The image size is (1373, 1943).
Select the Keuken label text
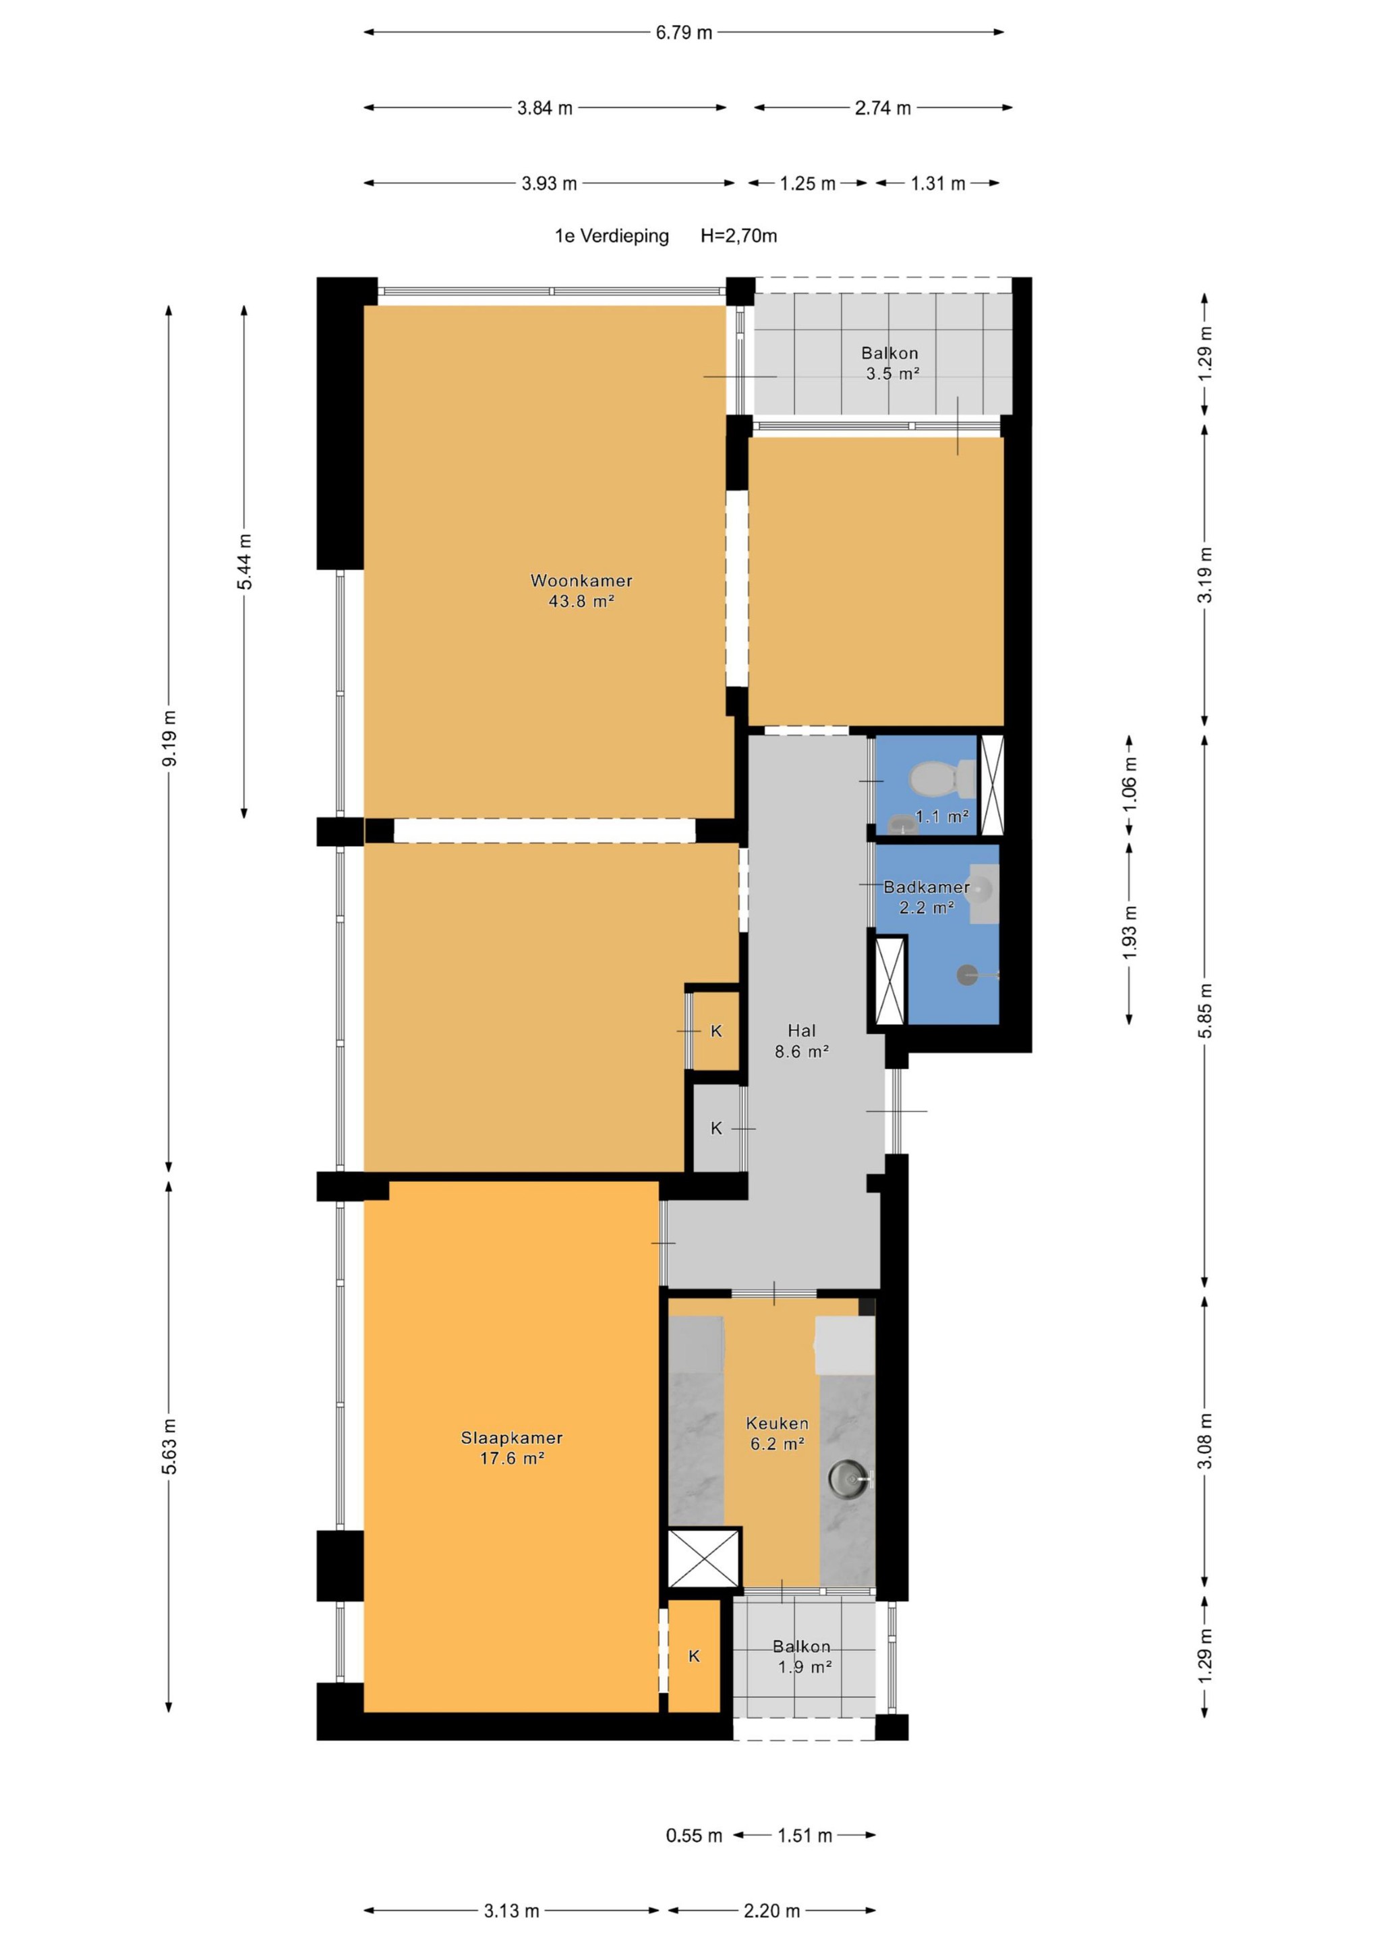tap(777, 1424)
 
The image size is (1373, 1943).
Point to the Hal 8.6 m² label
tap(801, 1041)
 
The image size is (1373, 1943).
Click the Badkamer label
tap(927, 887)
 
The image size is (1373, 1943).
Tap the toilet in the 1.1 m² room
tap(941, 778)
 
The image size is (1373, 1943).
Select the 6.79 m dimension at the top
tap(684, 33)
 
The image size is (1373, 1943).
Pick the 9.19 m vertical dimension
tap(169, 738)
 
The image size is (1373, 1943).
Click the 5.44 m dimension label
tap(245, 562)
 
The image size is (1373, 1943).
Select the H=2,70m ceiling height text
tap(738, 236)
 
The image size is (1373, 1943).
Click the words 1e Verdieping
tap(612, 236)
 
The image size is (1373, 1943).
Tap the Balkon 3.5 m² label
tap(890, 363)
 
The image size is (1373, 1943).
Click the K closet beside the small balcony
tap(694, 1656)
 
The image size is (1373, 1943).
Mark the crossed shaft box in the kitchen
tap(704, 1558)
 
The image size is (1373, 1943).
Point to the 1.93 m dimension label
tap(1130, 932)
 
